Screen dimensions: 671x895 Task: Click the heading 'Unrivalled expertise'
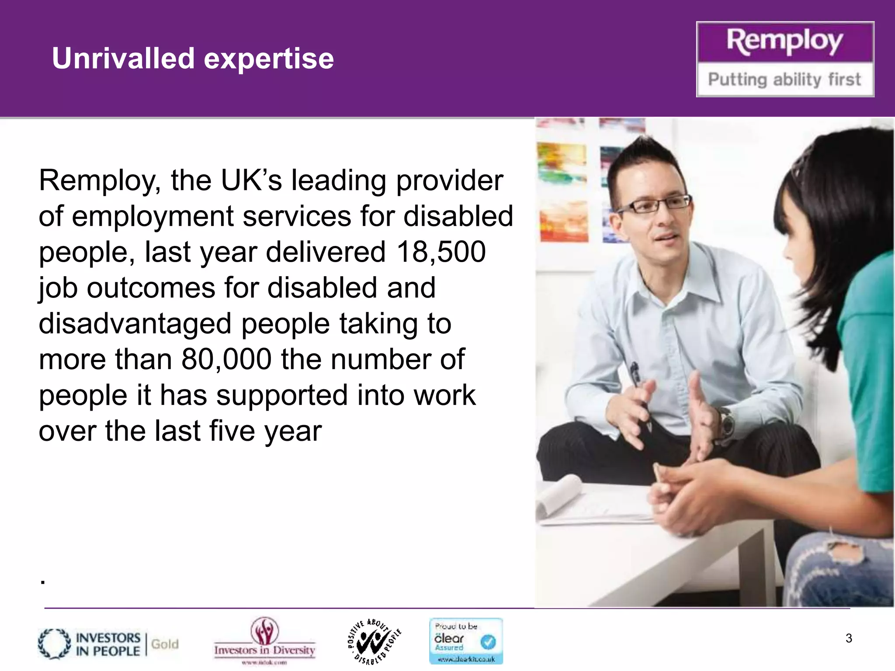(193, 59)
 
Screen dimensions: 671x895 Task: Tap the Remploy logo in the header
(785, 42)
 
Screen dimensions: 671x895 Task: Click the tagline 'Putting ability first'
(784, 80)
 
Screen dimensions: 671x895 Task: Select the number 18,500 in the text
(441, 252)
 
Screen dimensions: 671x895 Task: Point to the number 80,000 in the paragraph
(226, 360)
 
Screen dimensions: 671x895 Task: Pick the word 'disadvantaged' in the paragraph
(135, 324)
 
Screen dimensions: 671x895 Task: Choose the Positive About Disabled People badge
(375, 641)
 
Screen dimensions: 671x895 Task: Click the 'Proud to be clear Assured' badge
(466, 641)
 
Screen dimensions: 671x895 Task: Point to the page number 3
(849, 638)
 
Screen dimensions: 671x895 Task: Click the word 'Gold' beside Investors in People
(165, 644)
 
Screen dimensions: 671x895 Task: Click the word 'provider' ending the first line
(450, 180)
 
